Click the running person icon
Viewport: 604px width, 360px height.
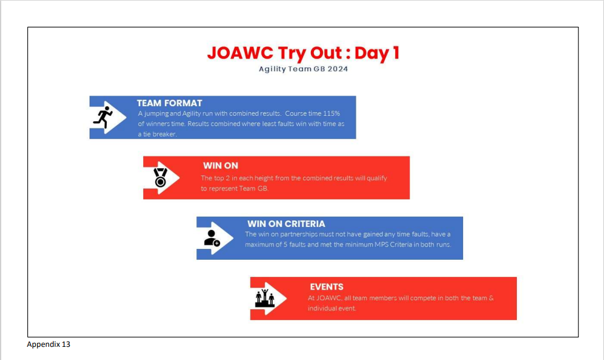tap(103, 117)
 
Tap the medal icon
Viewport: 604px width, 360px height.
tap(160, 177)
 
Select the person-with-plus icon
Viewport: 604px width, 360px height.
tap(212, 238)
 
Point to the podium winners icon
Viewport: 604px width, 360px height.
tap(264, 298)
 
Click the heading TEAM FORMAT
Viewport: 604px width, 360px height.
tap(170, 103)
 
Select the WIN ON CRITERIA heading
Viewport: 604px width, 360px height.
tap(286, 224)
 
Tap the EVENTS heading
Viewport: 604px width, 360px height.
tap(326, 287)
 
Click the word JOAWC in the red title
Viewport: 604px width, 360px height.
tap(241, 53)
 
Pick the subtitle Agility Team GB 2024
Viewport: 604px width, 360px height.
tap(303, 69)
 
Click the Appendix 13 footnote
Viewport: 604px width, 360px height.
tap(48, 344)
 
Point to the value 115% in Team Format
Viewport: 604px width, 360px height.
tap(332, 113)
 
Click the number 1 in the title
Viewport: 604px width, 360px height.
tap(396, 53)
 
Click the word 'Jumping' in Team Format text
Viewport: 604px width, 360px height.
tap(156, 113)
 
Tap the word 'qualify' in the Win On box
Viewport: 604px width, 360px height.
tap(377, 179)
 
